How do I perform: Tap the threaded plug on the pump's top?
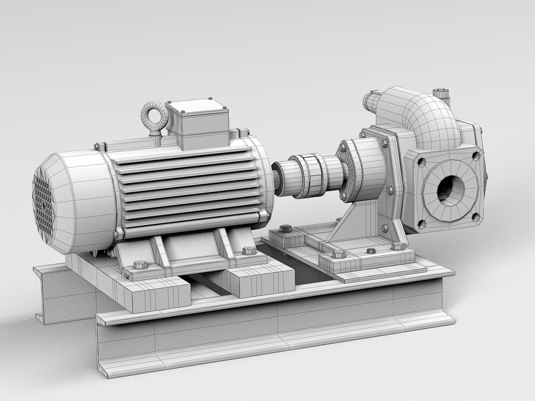click(441, 94)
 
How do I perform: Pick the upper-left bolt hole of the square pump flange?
click(421, 162)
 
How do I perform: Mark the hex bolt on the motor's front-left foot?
click(141, 265)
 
